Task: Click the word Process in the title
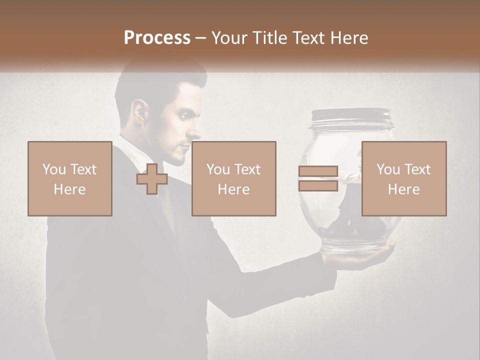point(157,38)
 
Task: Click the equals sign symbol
point(318,178)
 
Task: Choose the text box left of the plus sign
point(69,178)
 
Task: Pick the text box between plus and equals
point(233,178)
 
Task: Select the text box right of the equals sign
point(403,178)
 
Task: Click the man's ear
point(140,112)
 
